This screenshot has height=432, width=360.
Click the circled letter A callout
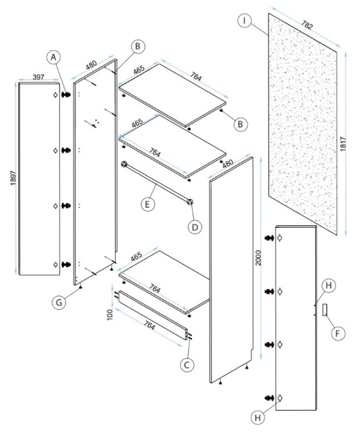pyautogui.click(x=53, y=57)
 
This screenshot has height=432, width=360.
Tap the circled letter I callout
pyautogui.click(x=244, y=20)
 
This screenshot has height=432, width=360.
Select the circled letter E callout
pyautogui.click(x=148, y=204)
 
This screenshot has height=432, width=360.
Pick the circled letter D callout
pyautogui.click(x=195, y=227)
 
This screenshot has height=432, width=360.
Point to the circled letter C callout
pyautogui.click(x=187, y=365)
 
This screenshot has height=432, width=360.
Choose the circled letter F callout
pyautogui.click(x=338, y=333)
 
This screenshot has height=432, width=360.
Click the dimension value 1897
pyautogui.click(x=13, y=178)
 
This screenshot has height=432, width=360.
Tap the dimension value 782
pyautogui.click(x=307, y=24)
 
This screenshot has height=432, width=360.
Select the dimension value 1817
pyautogui.click(x=343, y=143)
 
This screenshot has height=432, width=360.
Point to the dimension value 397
pyautogui.click(x=38, y=77)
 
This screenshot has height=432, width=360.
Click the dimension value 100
pyautogui.click(x=110, y=315)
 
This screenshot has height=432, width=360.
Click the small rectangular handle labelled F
pyautogui.click(x=325, y=310)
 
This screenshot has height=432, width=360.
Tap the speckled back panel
pyautogui.click(x=303, y=124)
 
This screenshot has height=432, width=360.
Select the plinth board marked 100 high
pyautogui.click(x=153, y=315)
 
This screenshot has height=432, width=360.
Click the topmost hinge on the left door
pyautogui.click(x=66, y=95)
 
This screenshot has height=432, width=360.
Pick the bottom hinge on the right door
pyautogui.click(x=269, y=397)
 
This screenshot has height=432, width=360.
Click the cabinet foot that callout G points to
pyautogui.click(x=81, y=287)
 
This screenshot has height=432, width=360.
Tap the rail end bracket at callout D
pyautogui.click(x=189, y=202)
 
